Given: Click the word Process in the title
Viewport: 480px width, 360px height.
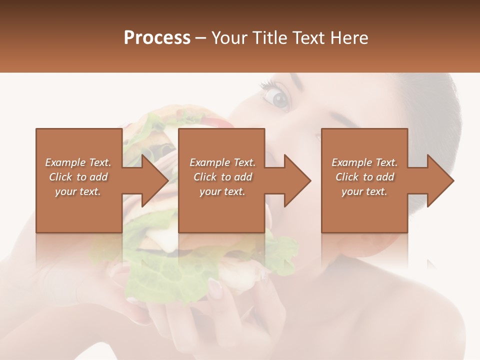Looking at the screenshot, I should pyautogui.click(x=157, y=37).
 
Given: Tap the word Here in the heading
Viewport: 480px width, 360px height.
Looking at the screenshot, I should pyautogui.click(x=350, y=37).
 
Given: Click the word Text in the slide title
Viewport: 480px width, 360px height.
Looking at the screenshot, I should pyautogui.click(x=308, y=37).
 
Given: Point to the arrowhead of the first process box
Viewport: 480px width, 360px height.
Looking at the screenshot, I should pyautogui.click(x=155, y=180).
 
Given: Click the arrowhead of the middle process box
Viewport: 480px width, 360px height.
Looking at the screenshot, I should pyautogui.click(x=297, y=180).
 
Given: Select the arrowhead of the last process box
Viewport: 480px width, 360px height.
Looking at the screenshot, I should pyautogui.click(x=440, y=180).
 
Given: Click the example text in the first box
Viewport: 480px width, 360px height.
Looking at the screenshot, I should pyautogui.click(x=78, y=177).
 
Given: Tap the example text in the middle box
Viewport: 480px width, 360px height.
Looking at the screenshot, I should pyautogui.click(x=222, y=177).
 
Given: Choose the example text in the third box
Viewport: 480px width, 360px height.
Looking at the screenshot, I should pyautogui.click(x=364, y=177).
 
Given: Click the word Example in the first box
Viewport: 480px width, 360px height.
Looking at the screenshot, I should pyautogui.click(x=65, y=162).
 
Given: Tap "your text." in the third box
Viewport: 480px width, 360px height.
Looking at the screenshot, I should pyautogui.click(x=364, y=191).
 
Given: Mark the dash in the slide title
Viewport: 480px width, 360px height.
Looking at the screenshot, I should pyautogui.click(x=201, y=38).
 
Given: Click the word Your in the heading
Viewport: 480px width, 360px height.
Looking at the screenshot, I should pyautogui.click(x=228, y=37).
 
